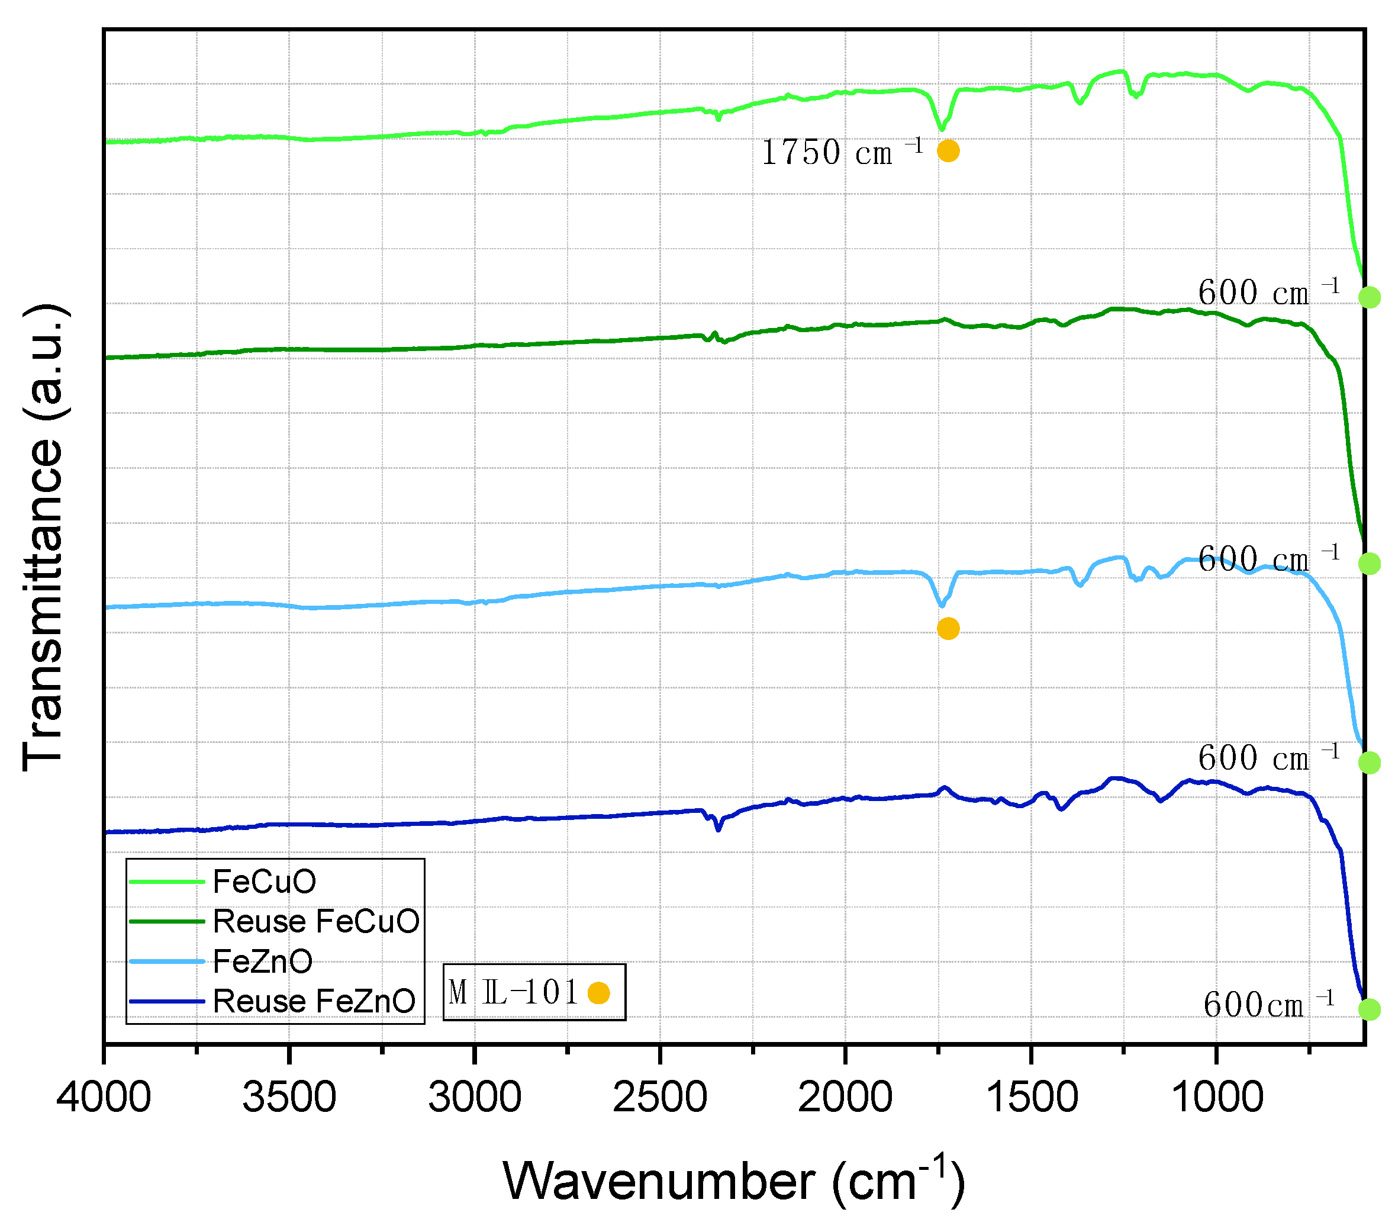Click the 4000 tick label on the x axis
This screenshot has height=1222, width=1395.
(x=104, y=1099)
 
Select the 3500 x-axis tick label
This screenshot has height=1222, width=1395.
(x=289, y=1099)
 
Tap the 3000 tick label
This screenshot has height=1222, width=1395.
(x=475, y=1099)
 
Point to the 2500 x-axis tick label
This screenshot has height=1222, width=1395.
(x=660, y=1099)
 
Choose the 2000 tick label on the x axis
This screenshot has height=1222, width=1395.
(x=845, y=1099)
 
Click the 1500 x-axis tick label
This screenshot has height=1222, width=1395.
(x=1031, y=1099)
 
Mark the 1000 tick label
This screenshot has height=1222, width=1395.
(x=1216, y=1099)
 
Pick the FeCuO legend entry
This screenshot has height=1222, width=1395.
(x=265, y=882)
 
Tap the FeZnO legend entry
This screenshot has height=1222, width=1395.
(x=263, y=962)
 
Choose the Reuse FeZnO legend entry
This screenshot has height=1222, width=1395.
(x=314, y=1002)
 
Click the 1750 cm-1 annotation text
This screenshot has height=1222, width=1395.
(x=842, y=152)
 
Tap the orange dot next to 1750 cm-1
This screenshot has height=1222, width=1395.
(x=948, y=151)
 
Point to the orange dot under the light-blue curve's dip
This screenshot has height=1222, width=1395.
(x=948, y=628)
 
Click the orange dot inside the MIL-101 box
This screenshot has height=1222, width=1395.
(x=598, y=993)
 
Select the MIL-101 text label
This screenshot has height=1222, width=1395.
(x=513, y=993)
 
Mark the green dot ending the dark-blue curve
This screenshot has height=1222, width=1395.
(x=1369, y=1009)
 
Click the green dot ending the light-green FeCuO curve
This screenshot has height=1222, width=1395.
(x=1369, y=297)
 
